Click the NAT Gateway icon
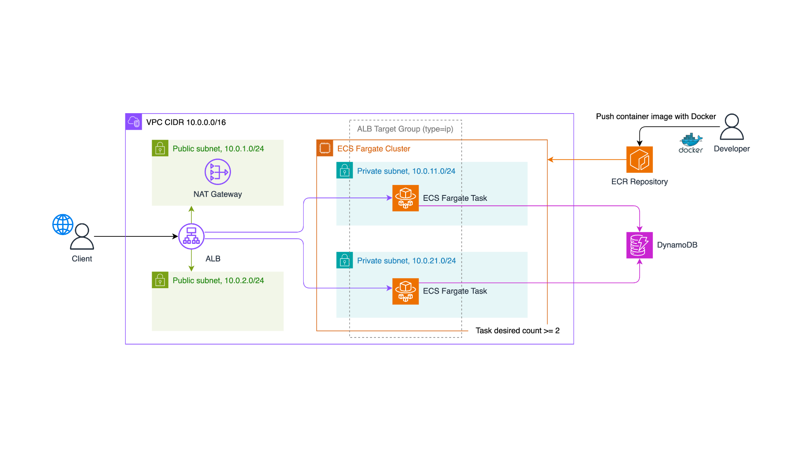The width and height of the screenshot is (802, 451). point(218,172)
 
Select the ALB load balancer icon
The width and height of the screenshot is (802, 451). point(191,236)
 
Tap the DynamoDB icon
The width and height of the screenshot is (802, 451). point(639,245)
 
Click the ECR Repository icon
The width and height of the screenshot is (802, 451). point(639,160)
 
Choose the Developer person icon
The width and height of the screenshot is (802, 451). point(731,127)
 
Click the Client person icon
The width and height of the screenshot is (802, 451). point(82,237)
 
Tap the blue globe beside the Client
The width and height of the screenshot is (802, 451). point(63,224)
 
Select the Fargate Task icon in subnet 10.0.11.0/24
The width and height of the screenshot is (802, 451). point(405,198)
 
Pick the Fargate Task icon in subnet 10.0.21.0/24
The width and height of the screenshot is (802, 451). point(405,291)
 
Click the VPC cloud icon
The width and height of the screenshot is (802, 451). point(134,122)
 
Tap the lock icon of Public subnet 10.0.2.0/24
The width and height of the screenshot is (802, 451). point(160,280)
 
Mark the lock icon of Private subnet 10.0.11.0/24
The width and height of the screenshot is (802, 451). point(345,170)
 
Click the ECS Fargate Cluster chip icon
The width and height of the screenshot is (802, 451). point(325,148)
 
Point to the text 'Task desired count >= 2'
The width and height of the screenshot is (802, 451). point(517,331)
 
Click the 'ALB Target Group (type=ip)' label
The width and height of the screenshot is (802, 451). point(405,129)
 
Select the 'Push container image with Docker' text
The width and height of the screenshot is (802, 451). point(656,117)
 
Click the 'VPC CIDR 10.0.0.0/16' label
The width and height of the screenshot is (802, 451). point(186,122)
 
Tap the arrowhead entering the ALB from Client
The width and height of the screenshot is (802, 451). point(175,236)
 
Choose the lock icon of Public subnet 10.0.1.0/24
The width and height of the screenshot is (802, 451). point(160,148)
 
